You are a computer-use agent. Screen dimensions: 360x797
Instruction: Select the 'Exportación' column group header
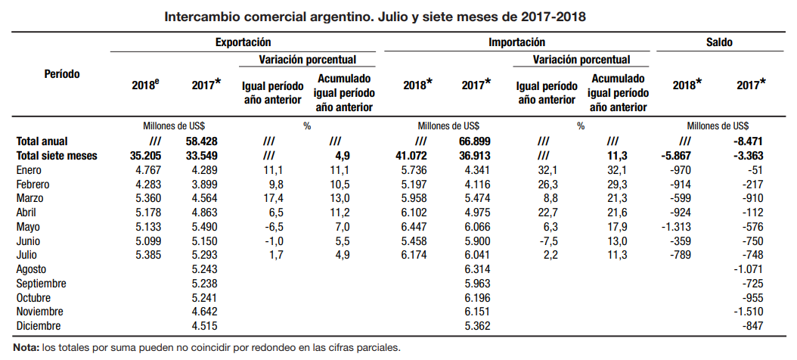[x=243, y=43]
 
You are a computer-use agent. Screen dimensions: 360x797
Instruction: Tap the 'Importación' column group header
[x=516, y=43]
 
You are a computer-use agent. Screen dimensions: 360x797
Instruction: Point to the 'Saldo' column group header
[x=719, y=43]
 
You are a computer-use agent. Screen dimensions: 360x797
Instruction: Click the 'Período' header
[x=62, y=74]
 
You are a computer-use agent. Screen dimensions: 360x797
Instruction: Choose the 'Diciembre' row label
[x=39, y=326]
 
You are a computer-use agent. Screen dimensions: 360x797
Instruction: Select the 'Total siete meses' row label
[x=57, y=156]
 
